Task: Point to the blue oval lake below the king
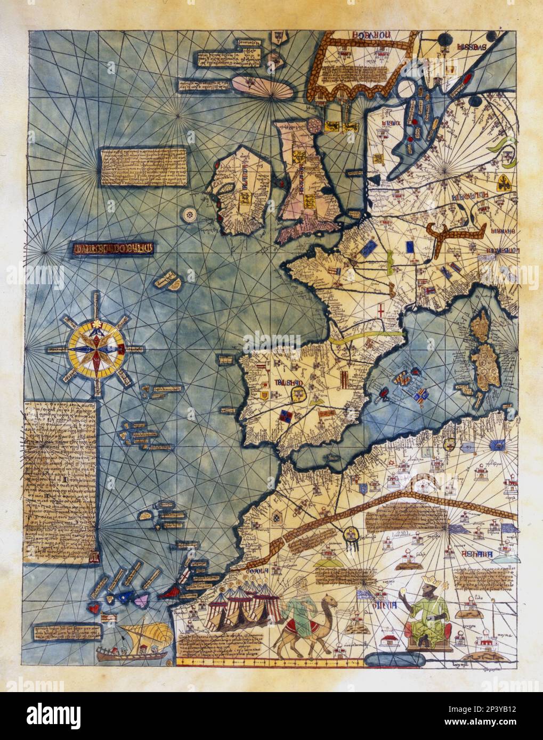pos(387,660)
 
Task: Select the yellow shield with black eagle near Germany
pos(503,184)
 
